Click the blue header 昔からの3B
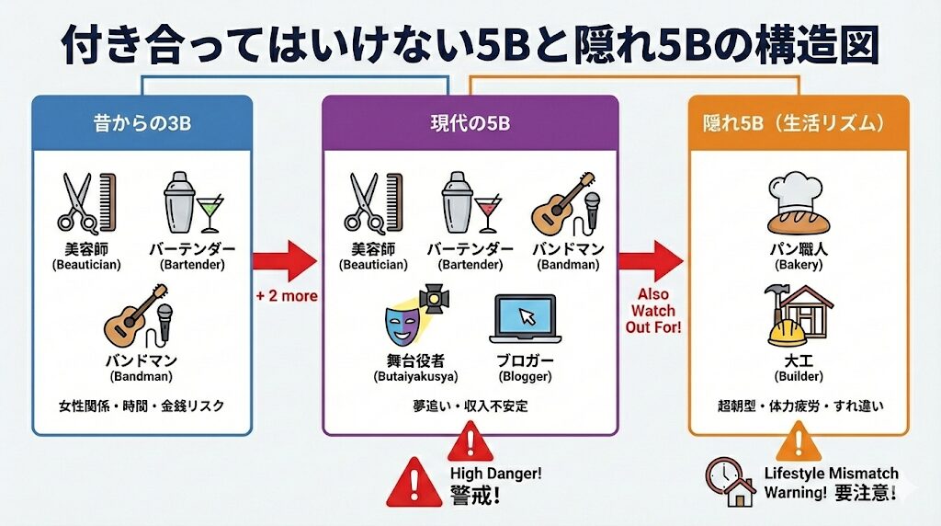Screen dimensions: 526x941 (142, 122)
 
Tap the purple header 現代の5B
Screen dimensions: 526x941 (470, 122)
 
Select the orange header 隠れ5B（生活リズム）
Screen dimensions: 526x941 (798, 122)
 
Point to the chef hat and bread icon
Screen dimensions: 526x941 (798, 208)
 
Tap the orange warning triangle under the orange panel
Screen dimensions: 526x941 (797, 446)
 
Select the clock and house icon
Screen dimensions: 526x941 (730, 481)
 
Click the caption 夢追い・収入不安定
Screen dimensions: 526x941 (470, 406)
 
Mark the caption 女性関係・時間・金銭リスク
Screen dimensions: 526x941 (142, 406)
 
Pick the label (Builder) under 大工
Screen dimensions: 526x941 (798, 377)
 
